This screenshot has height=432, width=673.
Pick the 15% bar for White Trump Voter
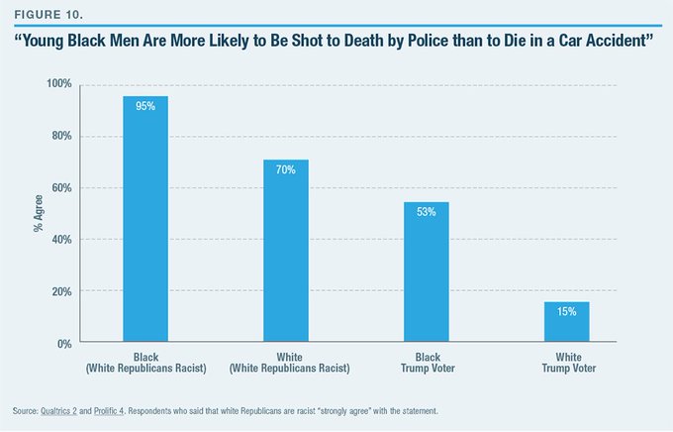tap(566, 323)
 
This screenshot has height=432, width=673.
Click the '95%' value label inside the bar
tap(144, 107)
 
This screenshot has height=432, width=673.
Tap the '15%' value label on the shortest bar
tap(566, 313)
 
